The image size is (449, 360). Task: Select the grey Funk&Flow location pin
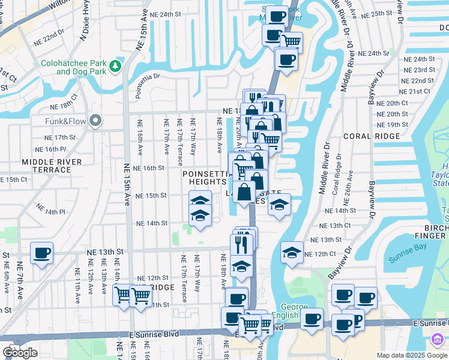click(x=95, y=122)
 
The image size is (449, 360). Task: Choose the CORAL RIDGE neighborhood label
click(x=367, y=136)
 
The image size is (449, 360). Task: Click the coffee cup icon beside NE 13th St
click(x=41, y=253)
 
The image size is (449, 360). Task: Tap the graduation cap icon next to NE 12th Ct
click(x=292, y=252)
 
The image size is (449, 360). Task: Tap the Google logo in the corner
click(x=20, y=353)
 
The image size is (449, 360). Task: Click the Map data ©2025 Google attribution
click(x=411, y=355)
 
